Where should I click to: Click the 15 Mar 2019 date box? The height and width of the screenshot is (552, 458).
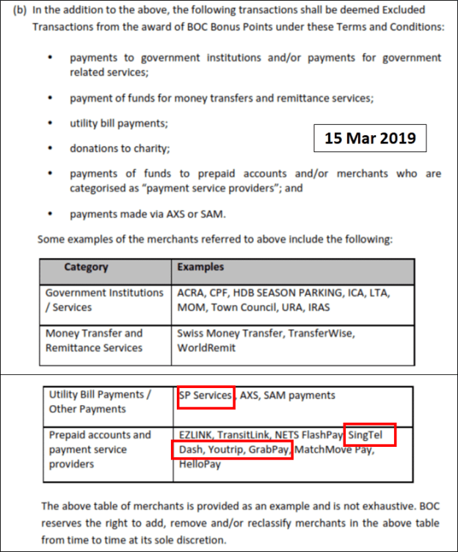tap(370, 137)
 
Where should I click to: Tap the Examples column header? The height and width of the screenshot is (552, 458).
tap(200, 268)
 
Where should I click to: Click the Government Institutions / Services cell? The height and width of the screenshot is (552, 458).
tap(104, 300)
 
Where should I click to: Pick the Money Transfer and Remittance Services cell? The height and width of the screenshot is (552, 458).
tap(94, 340)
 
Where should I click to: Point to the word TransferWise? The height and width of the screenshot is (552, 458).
tap(323, 333)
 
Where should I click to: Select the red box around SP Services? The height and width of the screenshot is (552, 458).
tap(206, 395)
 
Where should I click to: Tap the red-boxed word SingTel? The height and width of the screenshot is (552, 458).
tap(371, 435)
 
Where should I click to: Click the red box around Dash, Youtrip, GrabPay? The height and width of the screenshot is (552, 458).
tap(232, 450)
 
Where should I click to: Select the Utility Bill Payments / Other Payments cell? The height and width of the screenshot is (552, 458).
tap(100, 402)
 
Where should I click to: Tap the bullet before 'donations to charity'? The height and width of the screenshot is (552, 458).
tap(49, 149)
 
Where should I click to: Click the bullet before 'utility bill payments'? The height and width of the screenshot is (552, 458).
tap(49, 123)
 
